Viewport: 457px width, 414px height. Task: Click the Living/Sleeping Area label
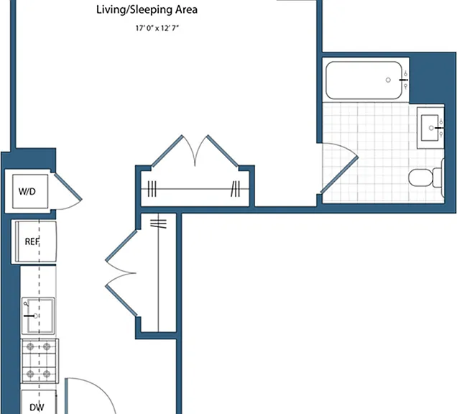[x=147, y=10]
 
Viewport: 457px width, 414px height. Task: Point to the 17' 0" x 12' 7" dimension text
[x=157, y=28]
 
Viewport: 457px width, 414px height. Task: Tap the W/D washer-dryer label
[x=27, y=192]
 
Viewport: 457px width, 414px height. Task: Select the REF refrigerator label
[x=32, y=241]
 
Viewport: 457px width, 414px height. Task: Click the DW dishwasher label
[x=37, y=408]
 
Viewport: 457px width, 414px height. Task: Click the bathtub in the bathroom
[x=364, y=80]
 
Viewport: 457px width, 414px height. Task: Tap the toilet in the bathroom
[x=426, y=178]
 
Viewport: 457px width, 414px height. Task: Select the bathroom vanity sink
[x=430, y=128]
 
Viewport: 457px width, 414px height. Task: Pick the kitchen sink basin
[x=38, y=316]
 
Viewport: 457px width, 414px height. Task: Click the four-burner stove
[x=40, y=361]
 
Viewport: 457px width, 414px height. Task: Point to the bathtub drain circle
[x=388, y=80]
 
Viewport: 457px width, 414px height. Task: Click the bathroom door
[x=340, y=175]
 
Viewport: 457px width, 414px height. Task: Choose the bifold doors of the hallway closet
[x=121, y=273]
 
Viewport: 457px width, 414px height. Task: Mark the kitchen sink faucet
[x=30, y=316]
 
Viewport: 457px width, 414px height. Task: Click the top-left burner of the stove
[x=30, y=346]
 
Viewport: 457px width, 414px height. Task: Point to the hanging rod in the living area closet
[x=195, y=189]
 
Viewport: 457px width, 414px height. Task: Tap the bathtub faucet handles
[x=405, y=80]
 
